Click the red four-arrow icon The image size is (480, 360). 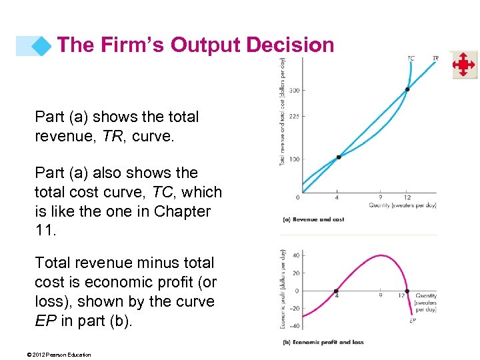464,65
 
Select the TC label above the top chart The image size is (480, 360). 411,59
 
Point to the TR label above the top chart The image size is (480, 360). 435,59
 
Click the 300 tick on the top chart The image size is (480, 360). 294,89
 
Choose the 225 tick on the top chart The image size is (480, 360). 294,116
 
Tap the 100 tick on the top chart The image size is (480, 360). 294,158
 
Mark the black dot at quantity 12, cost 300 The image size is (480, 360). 407,89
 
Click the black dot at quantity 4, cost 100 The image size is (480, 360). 339,157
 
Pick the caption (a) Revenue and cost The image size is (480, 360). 313,219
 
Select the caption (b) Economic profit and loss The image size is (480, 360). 323,343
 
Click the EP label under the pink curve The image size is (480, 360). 413,321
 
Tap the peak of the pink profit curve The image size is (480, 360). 378,255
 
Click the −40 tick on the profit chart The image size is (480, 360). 294,326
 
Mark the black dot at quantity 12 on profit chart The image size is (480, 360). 407,291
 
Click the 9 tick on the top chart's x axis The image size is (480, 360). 380,197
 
